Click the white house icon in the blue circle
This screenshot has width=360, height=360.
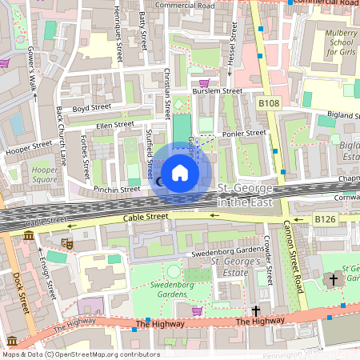[x=180, y=172]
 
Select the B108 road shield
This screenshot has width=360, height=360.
[x=270, y=103]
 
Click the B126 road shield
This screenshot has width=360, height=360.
[x=325, y=219]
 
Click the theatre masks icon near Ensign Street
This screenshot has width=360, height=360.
[x=68, y=243]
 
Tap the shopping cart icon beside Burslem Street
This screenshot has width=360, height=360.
[x=204, y=82]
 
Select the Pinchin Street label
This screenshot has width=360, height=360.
[x=117, y=190]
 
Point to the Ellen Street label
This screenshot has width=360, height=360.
[x=114, y=124]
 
